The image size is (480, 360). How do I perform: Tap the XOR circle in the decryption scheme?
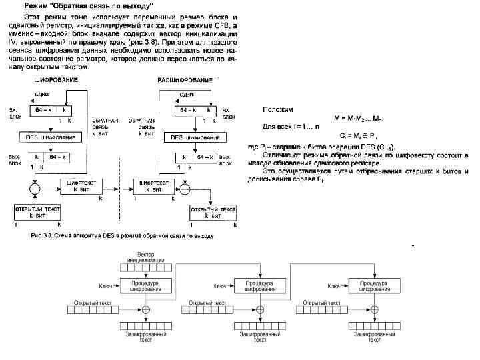click(185, 189)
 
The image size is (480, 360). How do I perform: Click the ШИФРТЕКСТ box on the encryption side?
click(82, 185)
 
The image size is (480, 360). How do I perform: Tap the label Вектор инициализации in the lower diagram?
click(147, 257)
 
